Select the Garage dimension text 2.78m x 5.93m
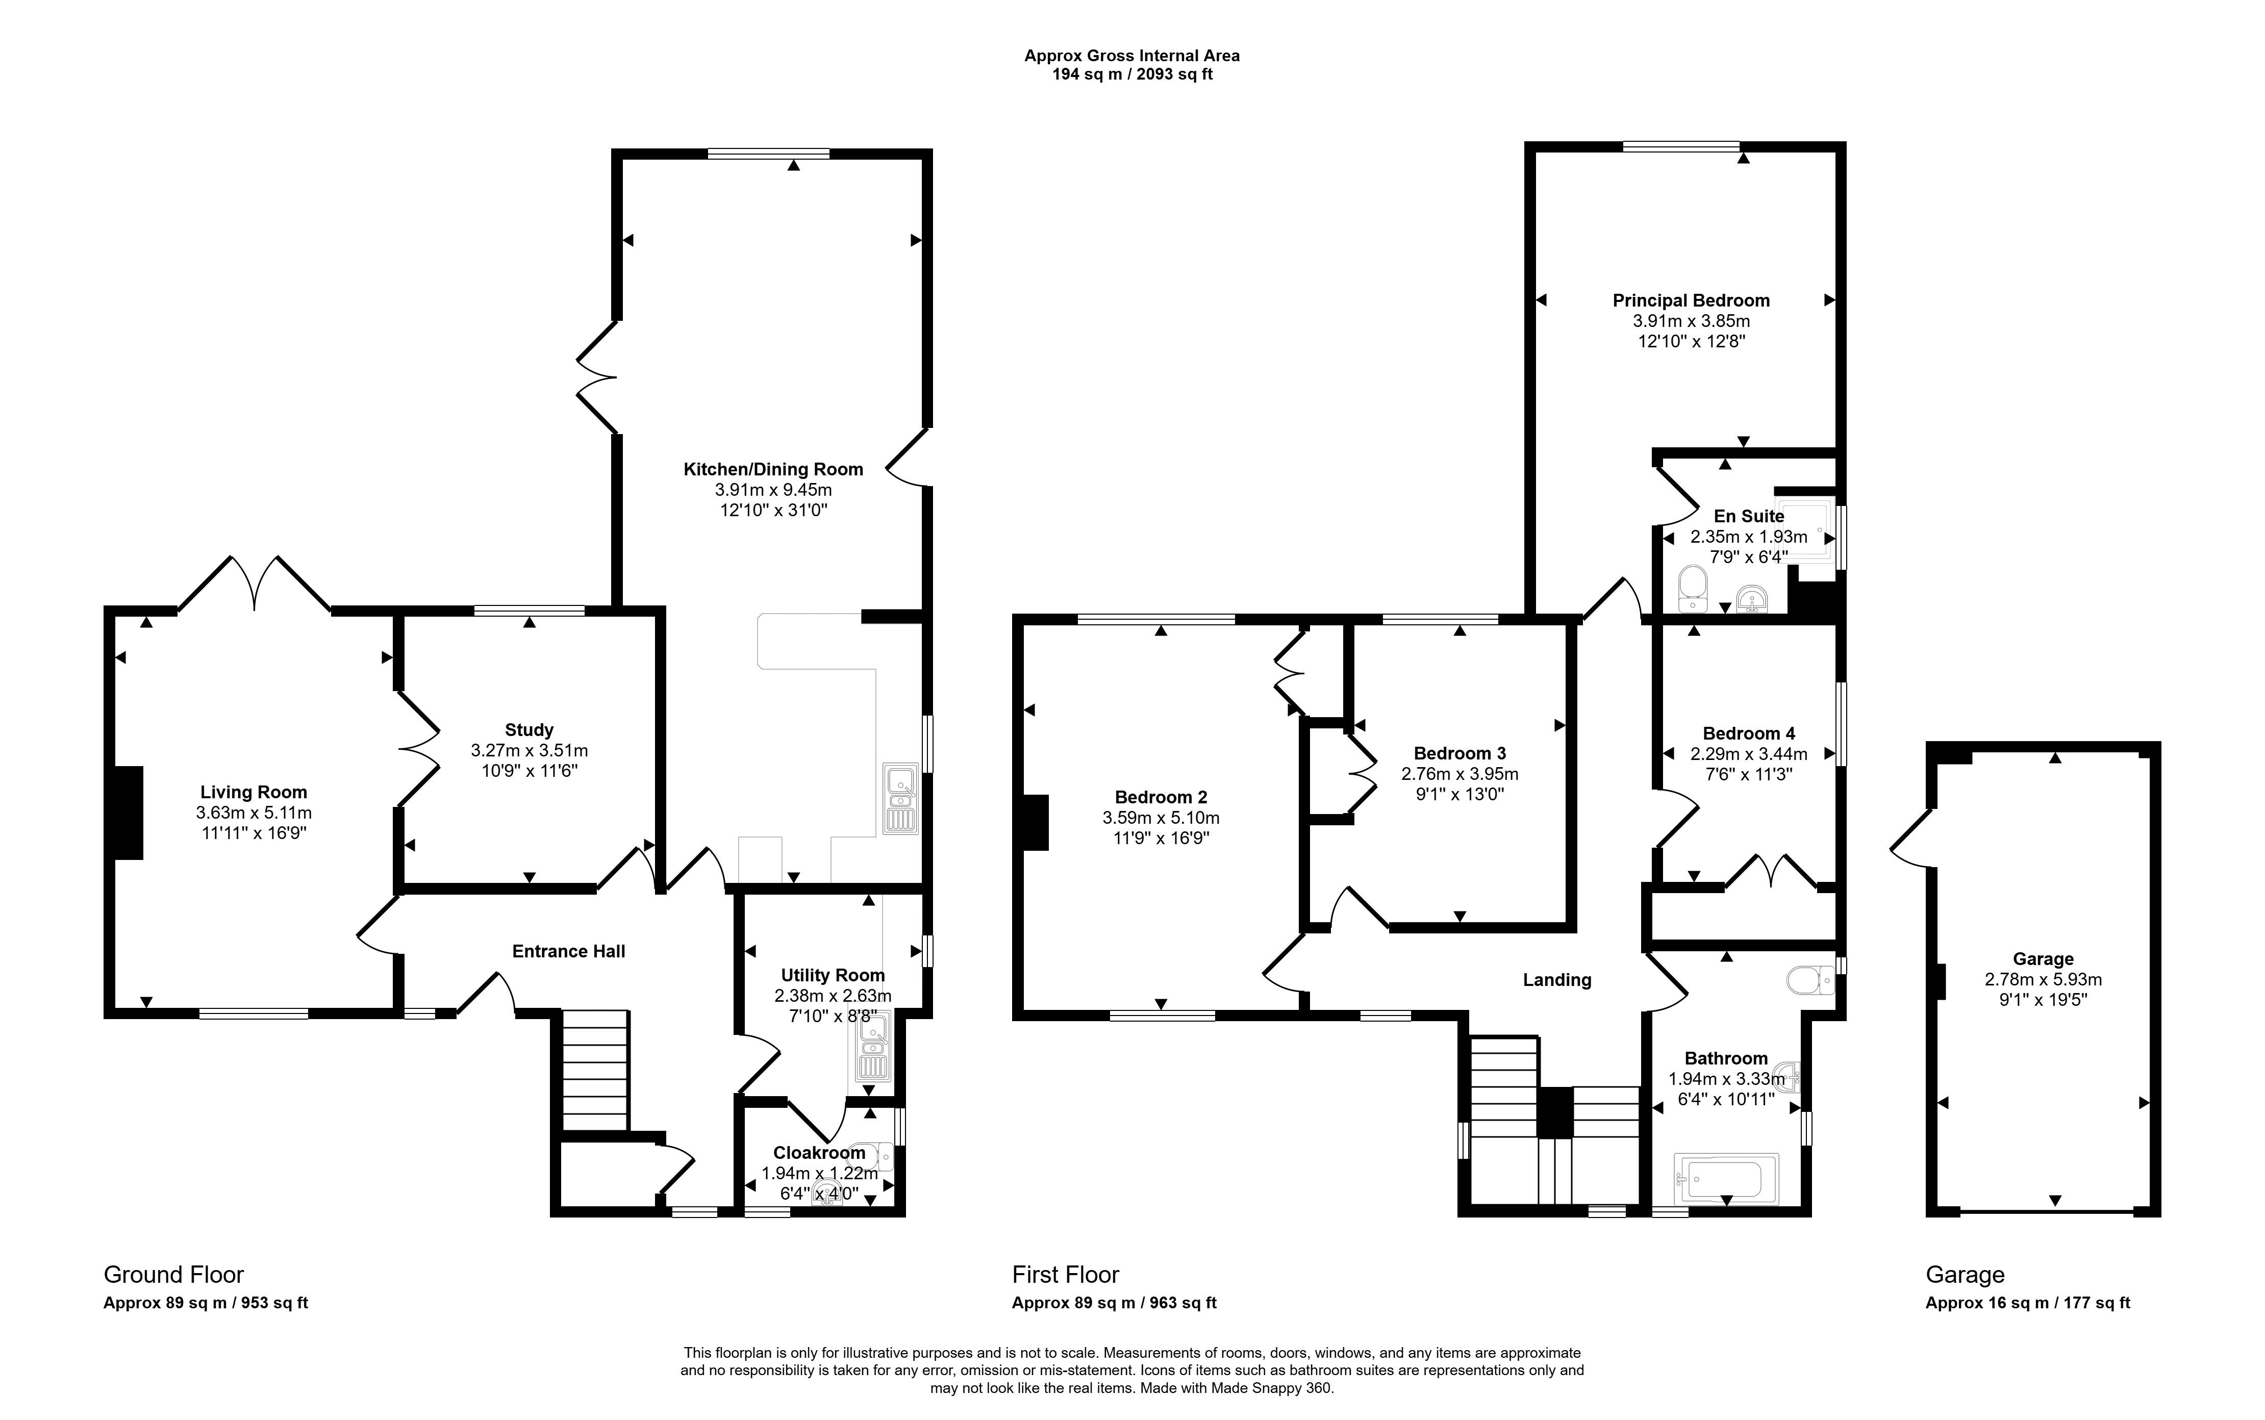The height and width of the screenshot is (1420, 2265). pos(2043,979)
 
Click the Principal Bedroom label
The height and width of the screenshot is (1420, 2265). pos(1691,300)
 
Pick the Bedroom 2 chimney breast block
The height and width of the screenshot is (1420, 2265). pos(1035,822)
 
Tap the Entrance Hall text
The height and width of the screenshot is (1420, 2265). pos(568,951)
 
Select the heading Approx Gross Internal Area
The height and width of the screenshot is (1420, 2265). pos(1131,56)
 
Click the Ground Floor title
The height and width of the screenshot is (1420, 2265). pos(174,1275)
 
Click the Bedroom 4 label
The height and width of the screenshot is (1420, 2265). pos(1749,733)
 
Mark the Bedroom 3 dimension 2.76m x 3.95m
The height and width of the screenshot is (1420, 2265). pos(1459,774)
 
